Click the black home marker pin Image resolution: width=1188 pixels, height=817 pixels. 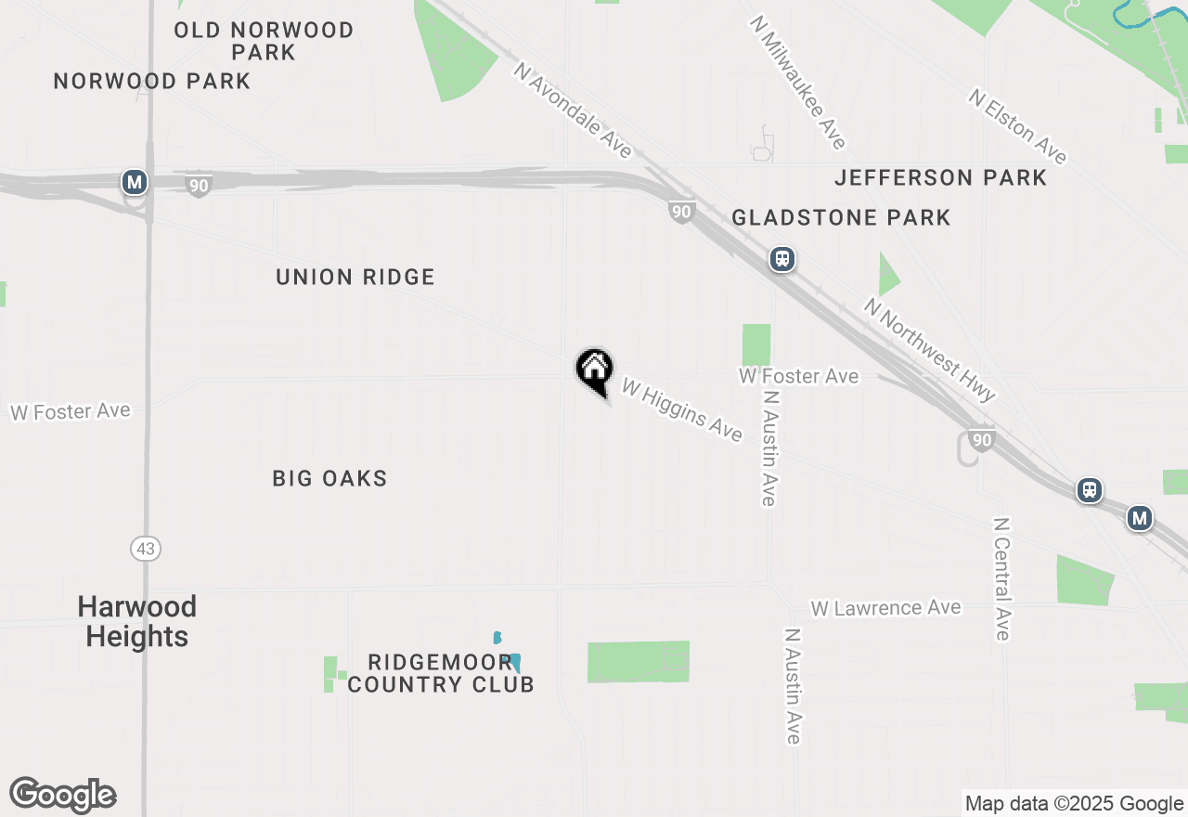pyautogui.click(x=594, y=370)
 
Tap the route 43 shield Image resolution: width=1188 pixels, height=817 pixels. pyautogui.click(x=146, y=549)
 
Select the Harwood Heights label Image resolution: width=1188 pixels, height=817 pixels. pyautogui.click(x=137, y=621)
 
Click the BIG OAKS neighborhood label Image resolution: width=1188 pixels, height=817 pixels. pyautogui.click(x=329, y=478)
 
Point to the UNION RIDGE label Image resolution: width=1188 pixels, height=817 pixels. pyautogui.click(x=355, y=277)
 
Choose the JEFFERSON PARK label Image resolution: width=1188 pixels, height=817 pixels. pyautogui.click(x=940, y=177)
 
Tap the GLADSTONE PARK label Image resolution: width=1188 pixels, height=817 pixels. pyautogui.click(x=841, y=217)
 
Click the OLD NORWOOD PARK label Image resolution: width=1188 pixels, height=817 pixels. pyautogui.click(x=265, y=41)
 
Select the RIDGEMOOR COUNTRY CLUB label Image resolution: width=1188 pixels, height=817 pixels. pyautogui.click(x=441, y=673)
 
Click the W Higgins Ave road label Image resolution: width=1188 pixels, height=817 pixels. pyautogui.click(x=682, y=409)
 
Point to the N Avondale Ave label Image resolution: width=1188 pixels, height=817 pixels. pyautogui.click(x=573, y=110)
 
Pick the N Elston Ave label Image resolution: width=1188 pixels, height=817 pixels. pyautogui.click(x=1018, y=126)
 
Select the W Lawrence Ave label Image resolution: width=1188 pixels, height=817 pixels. pyautogui.click(x=885, y=608)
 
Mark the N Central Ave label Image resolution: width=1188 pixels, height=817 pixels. pyautogui.click(x=1001, y=578)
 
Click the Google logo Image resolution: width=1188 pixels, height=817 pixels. pyautogui.click(x=63, y=796)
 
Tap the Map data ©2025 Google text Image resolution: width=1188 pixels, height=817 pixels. pyautogui.click(x=1074, y=804)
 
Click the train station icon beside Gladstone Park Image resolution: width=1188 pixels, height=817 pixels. pyautogui.click(x=782, y=258)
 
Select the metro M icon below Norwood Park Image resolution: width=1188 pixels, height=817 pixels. pyautogui.click(x=135, y=182)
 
